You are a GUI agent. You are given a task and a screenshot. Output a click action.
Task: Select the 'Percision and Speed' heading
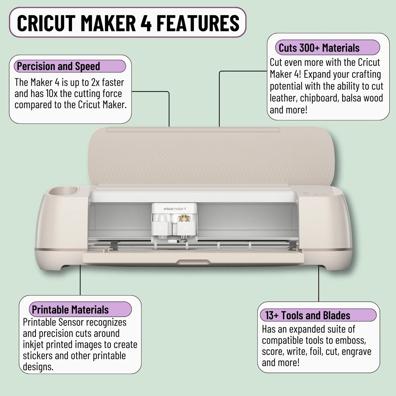tap(58, 66)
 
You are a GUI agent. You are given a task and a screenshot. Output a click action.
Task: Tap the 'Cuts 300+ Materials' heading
tap(319, 48)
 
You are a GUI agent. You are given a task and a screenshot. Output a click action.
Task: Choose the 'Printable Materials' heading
tap(70, 310)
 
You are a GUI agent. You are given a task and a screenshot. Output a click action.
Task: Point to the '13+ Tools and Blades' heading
tap(308, 315)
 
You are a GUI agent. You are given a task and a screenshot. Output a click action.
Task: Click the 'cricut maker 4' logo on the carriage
tap(175, 209)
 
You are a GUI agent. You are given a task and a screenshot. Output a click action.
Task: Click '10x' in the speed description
tap(51, 94)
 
